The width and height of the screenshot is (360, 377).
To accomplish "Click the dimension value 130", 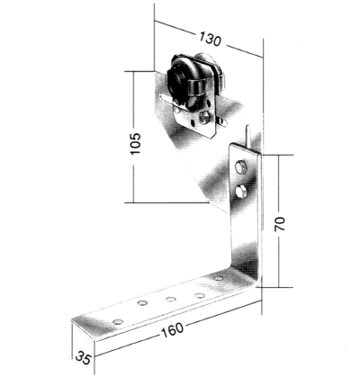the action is point(211,39).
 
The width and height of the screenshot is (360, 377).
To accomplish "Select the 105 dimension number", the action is point(136,143).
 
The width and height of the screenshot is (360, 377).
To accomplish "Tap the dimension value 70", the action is point(280,224).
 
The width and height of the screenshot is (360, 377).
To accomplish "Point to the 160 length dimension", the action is point(172,329).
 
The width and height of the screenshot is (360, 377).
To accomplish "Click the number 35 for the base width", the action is point(83,357).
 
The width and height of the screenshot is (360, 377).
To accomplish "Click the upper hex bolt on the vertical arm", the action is point(241,166).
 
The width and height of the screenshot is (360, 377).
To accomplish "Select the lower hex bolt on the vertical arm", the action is point(241,192).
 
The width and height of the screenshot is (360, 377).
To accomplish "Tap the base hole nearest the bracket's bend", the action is point(218,278).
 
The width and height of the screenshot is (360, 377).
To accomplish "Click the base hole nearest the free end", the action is point(118,322).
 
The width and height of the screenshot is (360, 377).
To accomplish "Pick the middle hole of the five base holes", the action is point(171,299).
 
